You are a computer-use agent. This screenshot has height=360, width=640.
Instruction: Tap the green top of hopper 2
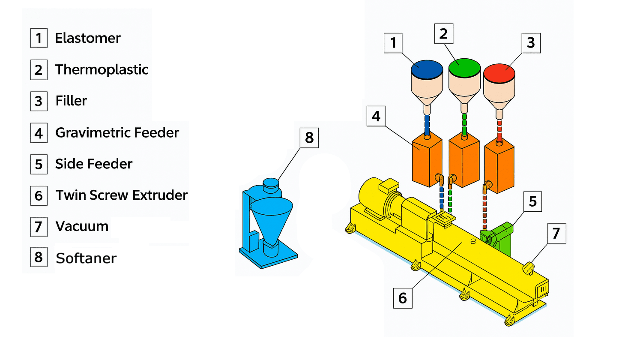coord(464,68)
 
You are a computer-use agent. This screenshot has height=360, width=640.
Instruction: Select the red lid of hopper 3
coord(499,73)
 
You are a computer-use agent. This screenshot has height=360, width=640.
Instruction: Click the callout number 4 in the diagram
coord(376,116)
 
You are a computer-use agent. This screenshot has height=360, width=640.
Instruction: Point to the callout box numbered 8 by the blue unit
coord(309,138)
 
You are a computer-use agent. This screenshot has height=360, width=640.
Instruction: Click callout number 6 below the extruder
coord(403,298)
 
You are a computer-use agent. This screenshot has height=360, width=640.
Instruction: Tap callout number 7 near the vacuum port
coord(556,233)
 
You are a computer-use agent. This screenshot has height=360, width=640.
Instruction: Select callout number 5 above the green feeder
coord(532,201)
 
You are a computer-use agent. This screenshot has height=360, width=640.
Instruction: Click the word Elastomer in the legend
coord(88,38)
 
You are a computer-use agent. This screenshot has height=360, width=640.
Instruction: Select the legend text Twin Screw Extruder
coord(122,195)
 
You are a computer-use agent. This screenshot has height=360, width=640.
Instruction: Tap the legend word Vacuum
coord(82,226)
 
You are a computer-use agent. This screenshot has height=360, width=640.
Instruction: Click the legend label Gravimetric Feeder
coord(117,133)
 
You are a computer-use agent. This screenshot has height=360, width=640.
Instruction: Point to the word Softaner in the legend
coord(86,258)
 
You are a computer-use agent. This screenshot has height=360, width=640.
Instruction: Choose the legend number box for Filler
coord(39,101)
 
